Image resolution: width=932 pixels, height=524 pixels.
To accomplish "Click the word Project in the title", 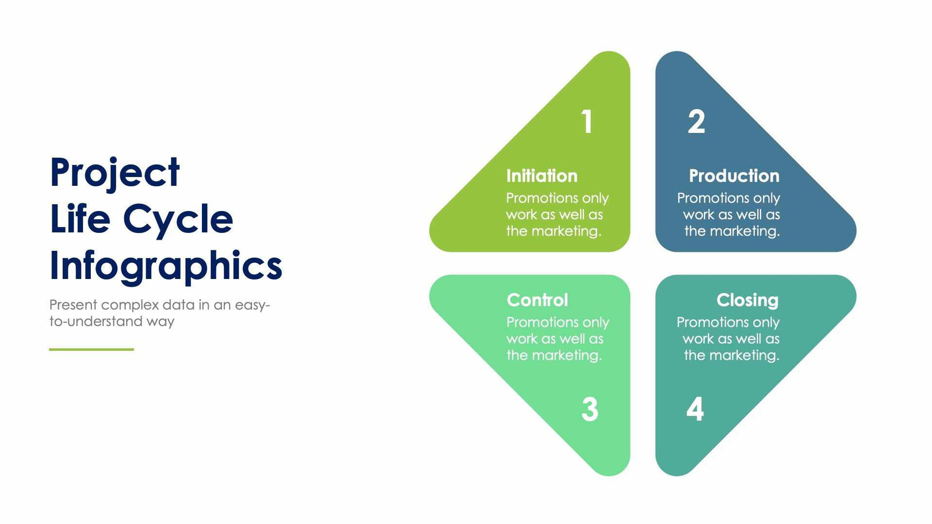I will coord(114,173).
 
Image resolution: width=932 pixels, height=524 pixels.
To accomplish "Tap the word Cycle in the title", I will coord(178,220).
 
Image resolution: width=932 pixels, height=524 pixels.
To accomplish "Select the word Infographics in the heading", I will coord(166,266).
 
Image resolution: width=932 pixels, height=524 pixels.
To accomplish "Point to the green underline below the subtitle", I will coord(91,349).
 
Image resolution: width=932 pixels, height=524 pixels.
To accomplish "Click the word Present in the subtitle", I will coord(73,305).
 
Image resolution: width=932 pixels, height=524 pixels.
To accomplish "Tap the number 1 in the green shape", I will coord(586,122).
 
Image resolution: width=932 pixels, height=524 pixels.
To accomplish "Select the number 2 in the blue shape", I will coord(696,122).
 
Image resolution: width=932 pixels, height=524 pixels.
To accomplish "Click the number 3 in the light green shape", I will coord(590,410).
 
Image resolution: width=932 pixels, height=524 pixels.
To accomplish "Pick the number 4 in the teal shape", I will coord(695,410).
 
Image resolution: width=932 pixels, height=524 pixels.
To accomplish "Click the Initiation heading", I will coord(541,176).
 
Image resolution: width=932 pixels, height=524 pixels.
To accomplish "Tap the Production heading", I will coord(734,176).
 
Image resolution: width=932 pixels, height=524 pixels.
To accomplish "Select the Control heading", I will coord(537,300).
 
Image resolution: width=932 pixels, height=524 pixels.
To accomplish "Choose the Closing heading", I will coord(747,300).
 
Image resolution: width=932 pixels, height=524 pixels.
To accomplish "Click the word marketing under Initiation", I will coord(566,231).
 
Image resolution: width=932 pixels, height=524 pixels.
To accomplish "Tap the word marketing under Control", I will coord(567,355).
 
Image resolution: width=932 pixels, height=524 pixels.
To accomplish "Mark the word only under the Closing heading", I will coord(766,323).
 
